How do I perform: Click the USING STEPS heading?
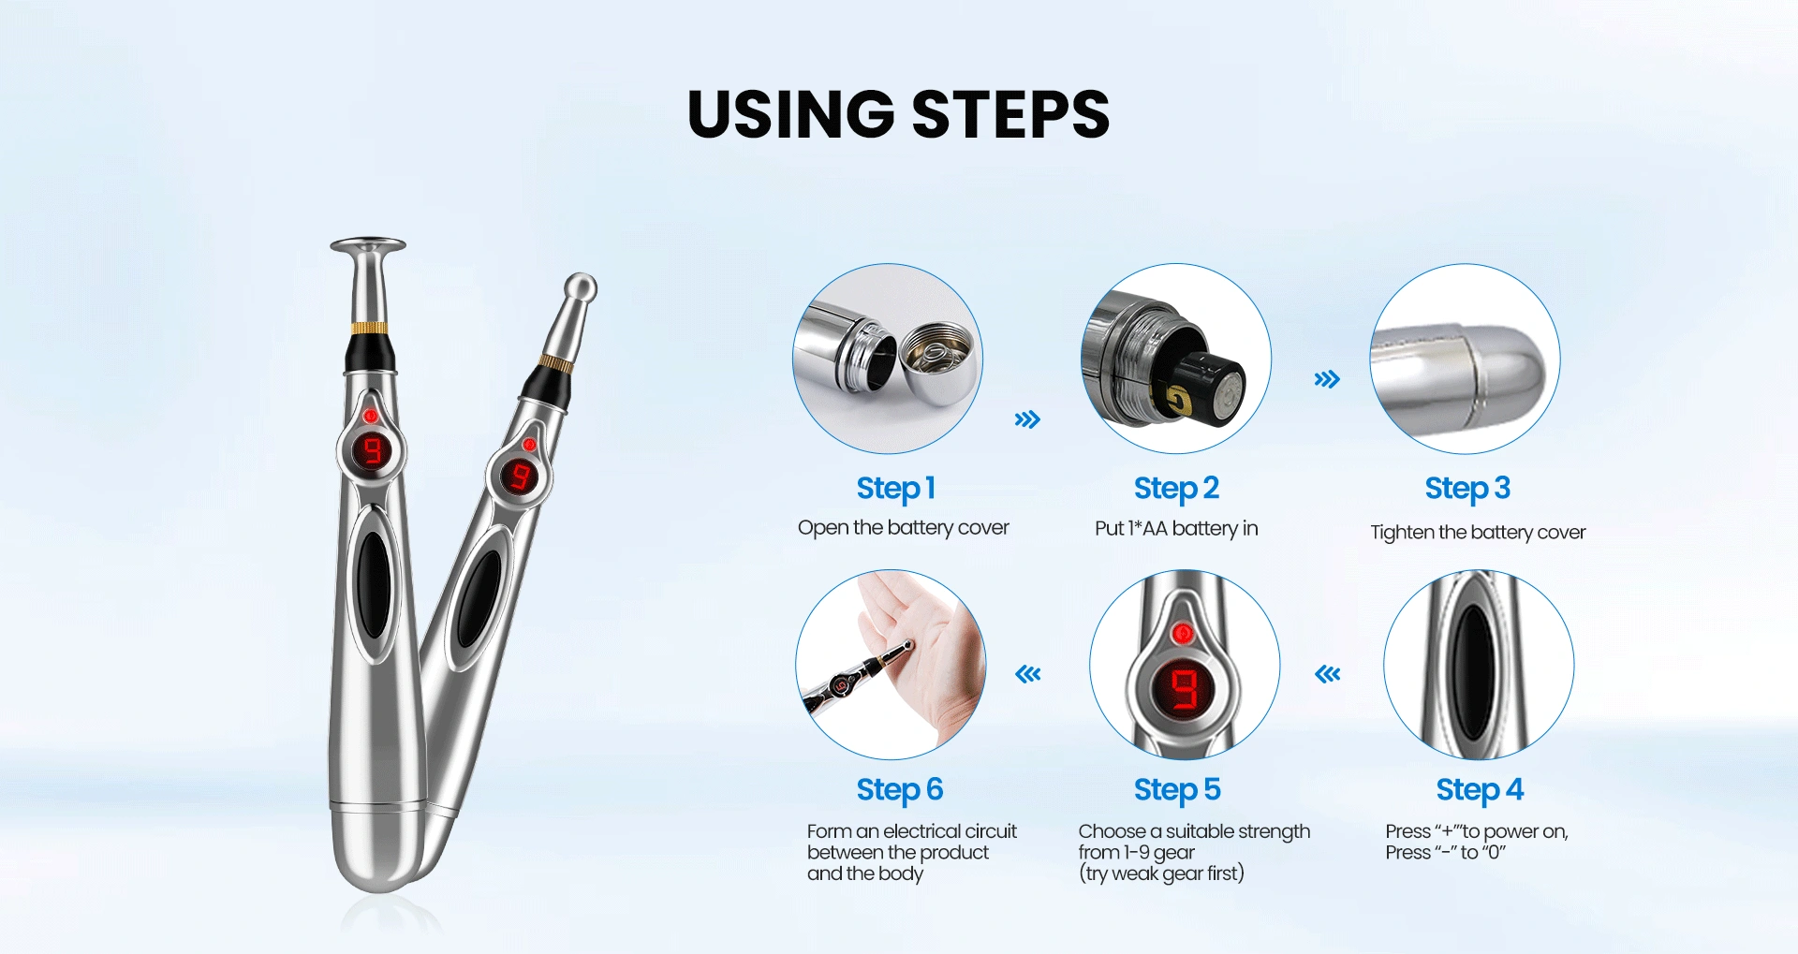pos(898,114)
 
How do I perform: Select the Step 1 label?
pos(895,488)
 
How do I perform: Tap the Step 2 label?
pos(1176,488)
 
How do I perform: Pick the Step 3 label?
pos(1467,488)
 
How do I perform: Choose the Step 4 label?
pos(1480,789)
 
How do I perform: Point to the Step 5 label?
pos(1177,789)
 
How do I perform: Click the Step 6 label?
pos(899,789)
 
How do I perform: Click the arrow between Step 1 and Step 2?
pos(1027,419)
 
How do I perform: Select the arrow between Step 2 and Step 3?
pos(1327,379)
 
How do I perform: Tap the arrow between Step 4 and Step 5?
pos(1328,674)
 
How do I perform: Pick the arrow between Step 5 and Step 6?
pos(1028,674)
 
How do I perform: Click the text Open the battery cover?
pos(903,528)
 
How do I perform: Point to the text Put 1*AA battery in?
pos(1176,529)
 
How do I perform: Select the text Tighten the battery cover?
pos(1478,533)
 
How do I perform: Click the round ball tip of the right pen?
pos(581,287)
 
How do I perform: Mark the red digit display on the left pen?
pos(373,451)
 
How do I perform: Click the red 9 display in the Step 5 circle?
pos(1185,689)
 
